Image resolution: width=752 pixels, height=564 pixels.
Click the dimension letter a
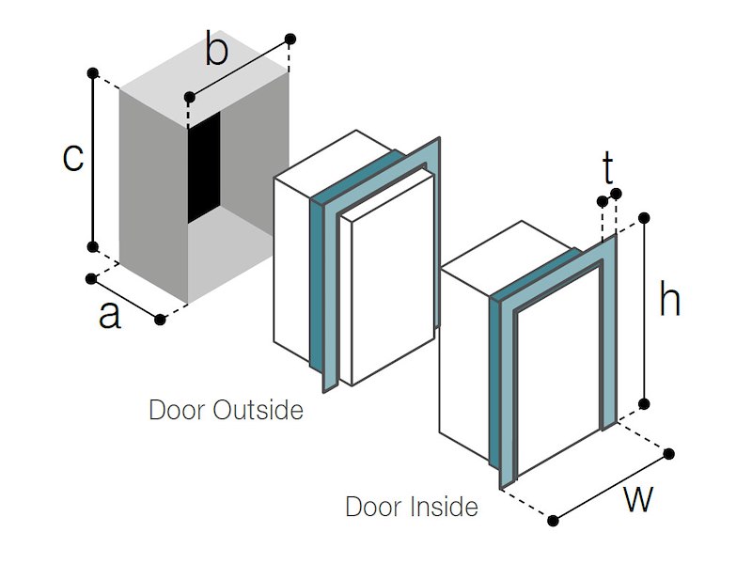pyautogui.click(x=110, y=316)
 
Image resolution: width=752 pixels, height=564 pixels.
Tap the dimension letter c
pyautogui.click(x=72, y=158)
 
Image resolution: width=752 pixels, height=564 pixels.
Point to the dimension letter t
pyautogui.click(x=608, y=170)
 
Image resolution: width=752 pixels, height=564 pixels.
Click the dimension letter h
pyautogui.click(x=669, y=301)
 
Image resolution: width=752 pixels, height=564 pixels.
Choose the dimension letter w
pyautogui.click(x=638, y=499)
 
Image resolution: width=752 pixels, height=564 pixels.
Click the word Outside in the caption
pyautogui.click(x=259, y=411)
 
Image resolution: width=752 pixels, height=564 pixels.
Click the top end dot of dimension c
pyautogui.click(x=92, y=72)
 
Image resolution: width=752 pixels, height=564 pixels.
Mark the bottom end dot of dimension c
pyautogui.click(x=92, y=246)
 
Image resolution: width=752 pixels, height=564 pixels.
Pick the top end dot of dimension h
pyautogui.click(x=645, y=217)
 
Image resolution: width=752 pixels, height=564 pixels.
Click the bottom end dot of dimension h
pyautogui.click(x=645, y=404)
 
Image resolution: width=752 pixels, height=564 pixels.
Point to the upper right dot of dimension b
pyautogui.click(x=290, y=39)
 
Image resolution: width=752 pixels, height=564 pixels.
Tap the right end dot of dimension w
pyautogui.click(x=669, y=455)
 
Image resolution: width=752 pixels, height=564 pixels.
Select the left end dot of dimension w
pyautogui.click(x=554, y=521)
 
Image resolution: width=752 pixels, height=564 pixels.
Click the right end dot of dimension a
pyautogui.click(x=160, y=320)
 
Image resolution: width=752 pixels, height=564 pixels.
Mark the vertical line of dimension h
pyautogui.click(x=645, y=310)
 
